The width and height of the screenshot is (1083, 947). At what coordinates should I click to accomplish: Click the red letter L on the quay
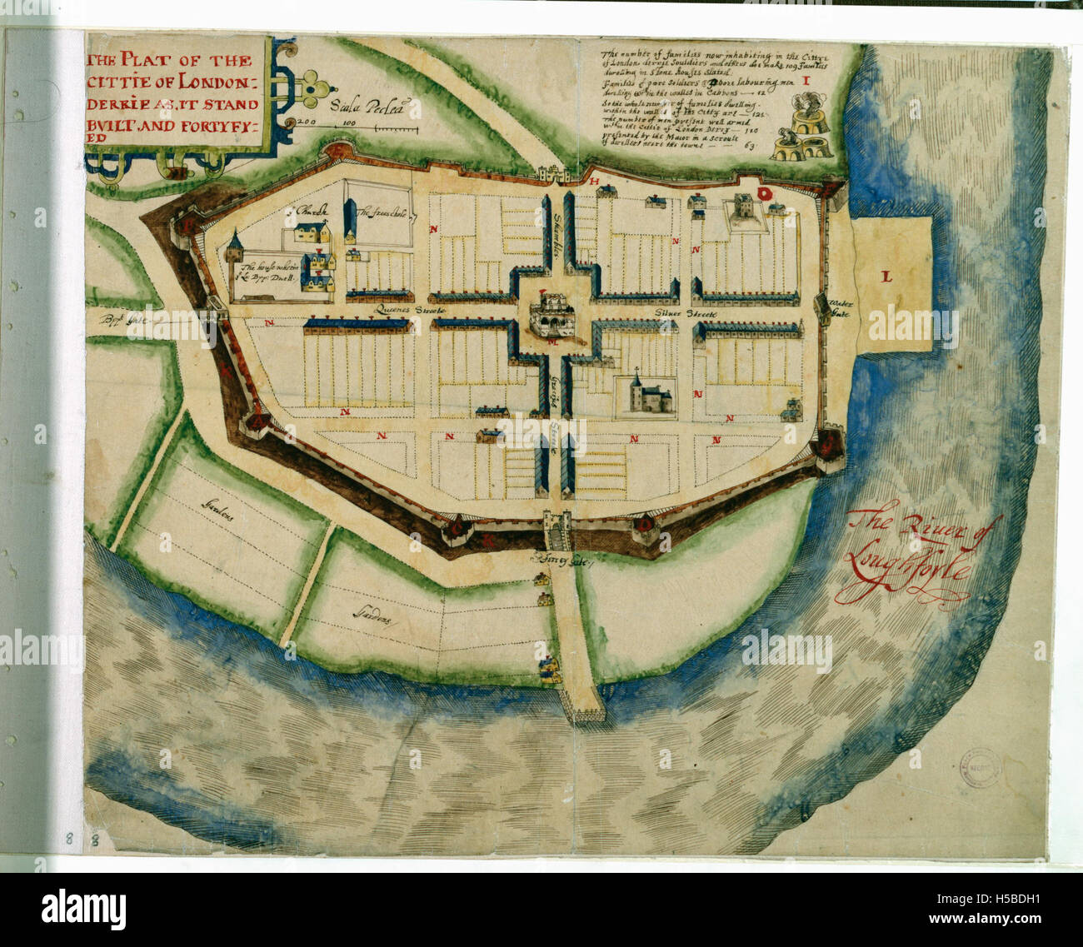click(x=886, y=277)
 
